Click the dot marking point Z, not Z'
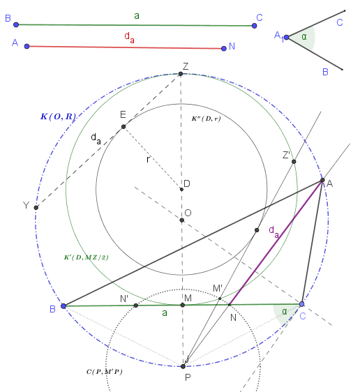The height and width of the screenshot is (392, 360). [181, 74]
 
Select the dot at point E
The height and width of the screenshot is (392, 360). [123, 127]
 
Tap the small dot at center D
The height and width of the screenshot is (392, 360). [181, 189]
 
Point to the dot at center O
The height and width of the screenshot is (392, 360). [182, 220]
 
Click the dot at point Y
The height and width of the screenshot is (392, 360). [36, 207]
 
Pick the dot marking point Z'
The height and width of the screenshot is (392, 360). [294, 162]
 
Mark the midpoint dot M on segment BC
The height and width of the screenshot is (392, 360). [183, 305]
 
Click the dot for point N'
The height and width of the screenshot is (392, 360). [136, 306]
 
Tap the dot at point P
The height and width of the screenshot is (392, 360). [183, 366]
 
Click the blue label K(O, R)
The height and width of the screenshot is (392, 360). [58, 116]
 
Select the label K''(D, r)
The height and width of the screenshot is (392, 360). [206, 119]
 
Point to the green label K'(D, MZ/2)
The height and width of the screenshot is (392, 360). [87, 257]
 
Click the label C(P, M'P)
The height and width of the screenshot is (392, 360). [104, 372]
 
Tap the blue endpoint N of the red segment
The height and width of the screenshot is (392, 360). [224, 49]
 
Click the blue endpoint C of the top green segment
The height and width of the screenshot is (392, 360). [254, 26]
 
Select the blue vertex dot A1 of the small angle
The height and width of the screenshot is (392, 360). [287, 38]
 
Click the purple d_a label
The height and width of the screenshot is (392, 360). [273, 232]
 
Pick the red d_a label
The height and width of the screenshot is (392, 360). [129, 38]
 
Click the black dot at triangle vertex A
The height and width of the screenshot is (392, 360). [322, 180]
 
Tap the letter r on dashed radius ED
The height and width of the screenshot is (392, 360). [148, 159]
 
